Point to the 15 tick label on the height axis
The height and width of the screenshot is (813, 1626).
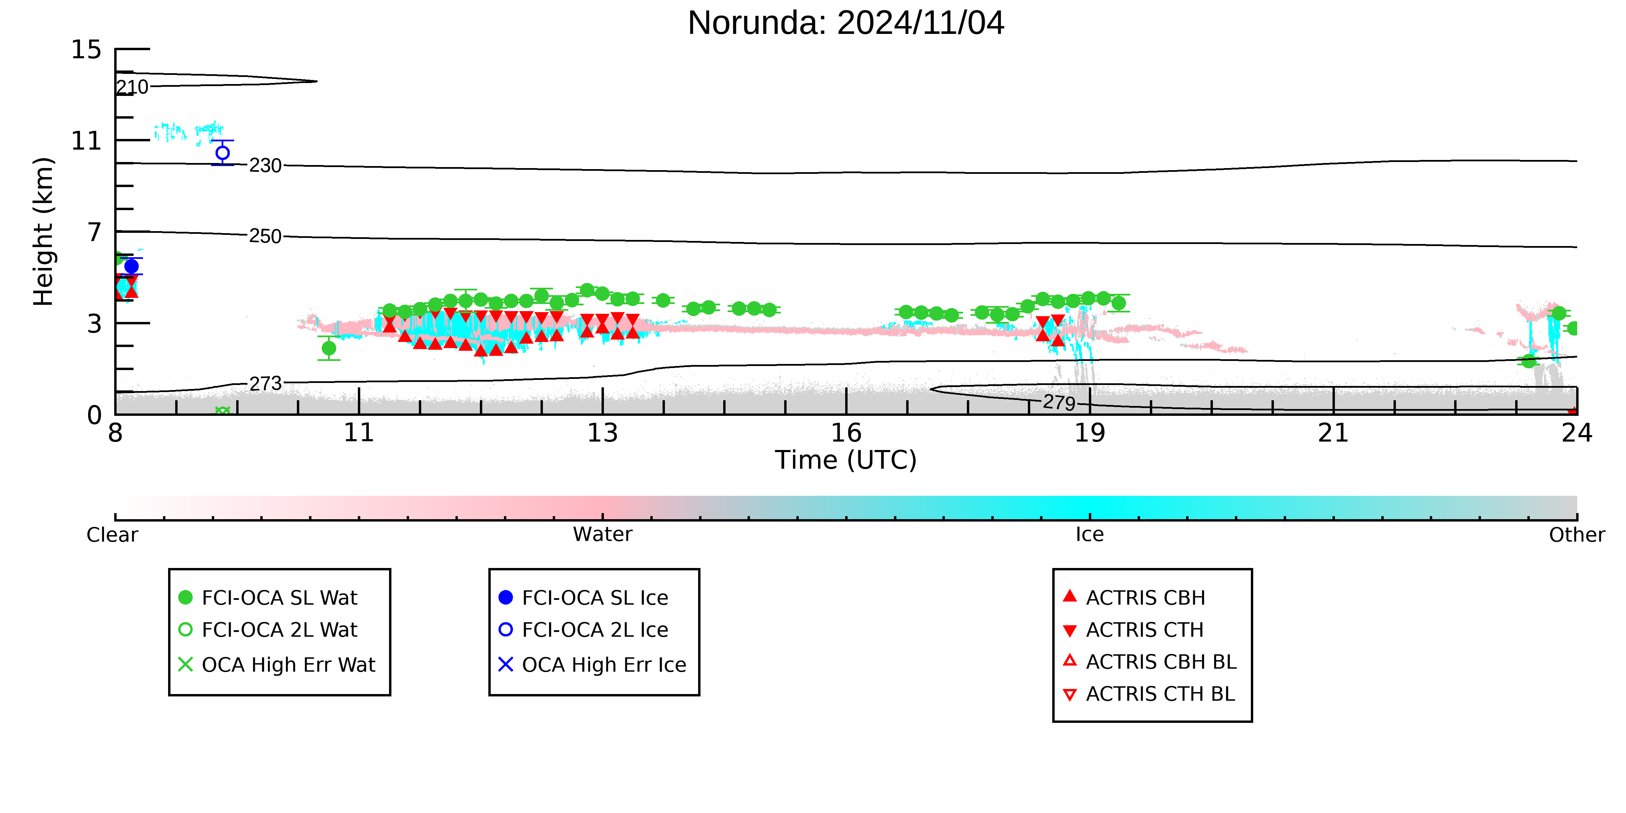[86, 49]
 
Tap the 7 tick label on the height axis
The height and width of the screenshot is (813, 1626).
[95, 232]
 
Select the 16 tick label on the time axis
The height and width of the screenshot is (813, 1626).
[846, 433]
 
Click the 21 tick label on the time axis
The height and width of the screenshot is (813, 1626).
[1333, 433]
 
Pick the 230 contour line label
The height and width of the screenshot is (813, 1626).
[265, 165]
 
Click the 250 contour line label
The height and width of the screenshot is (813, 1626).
[265, 236]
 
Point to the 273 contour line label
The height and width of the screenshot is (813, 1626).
[265, 383]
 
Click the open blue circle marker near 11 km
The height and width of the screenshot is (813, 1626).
[222, 153]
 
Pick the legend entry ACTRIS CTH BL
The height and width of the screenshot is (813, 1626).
[1149, 694]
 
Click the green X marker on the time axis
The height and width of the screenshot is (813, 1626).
[222, 411]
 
